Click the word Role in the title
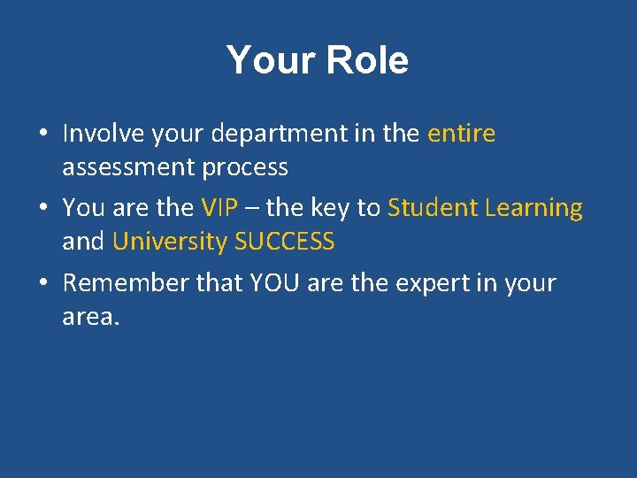coord(367,60)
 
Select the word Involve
coord(102,134)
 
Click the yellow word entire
coord(461,134)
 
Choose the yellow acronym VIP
coord(220,208)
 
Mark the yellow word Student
coord(432,208)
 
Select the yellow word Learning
coord(533,209)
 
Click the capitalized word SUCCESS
coord(284,242)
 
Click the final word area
coord(89,317)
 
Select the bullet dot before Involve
coord(42,135)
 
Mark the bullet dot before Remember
coord(42,284)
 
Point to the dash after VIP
coord(251,209)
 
